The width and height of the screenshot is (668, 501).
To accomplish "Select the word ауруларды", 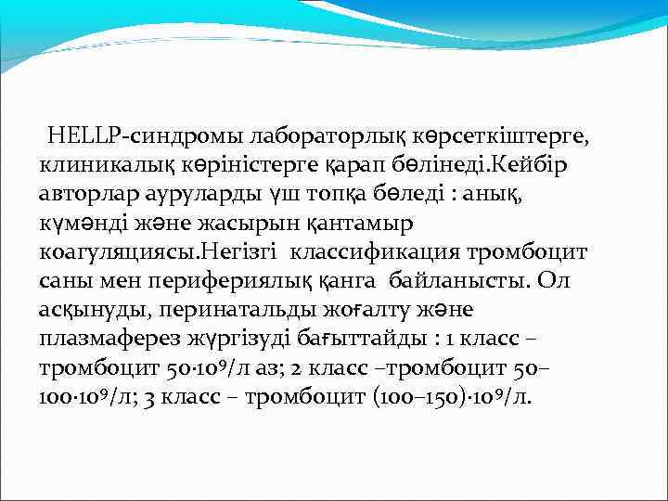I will (x=220, y=196).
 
